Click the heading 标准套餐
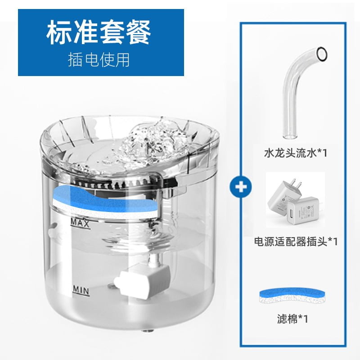(99, 32)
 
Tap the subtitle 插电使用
(99, 60)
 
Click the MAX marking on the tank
(80, 223)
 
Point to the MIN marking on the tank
(81, 291)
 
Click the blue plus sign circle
(241, 187)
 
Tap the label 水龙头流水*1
(296, 153)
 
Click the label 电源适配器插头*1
(296, 242)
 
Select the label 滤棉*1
(292, 319)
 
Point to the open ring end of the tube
(322, 54)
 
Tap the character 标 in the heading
(58, 32)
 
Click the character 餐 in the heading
(139, 32)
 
